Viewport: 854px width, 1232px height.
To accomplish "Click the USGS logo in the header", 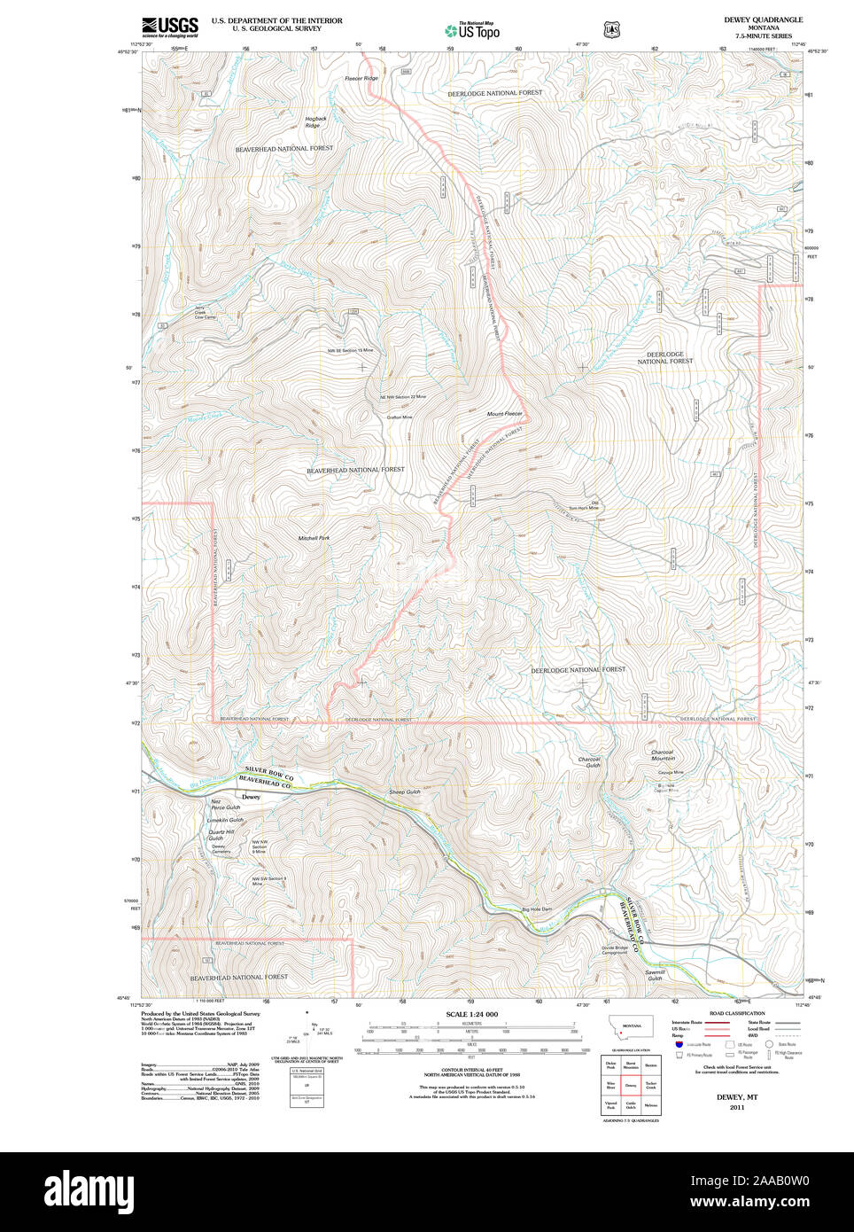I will pos(170,27).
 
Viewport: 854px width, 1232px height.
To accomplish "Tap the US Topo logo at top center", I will pos(473,30).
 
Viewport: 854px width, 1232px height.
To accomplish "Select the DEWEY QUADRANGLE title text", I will pos(763,19).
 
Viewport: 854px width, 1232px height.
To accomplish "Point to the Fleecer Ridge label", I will pos(361,79).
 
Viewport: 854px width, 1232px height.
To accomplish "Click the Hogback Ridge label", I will pos(315,122).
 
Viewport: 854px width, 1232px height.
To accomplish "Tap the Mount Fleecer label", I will pos(504,414).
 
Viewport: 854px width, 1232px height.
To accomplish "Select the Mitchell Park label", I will pos(314,538).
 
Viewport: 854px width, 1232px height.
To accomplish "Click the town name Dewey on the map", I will pos(251,797).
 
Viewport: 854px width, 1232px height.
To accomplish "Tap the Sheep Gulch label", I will pos(404,791).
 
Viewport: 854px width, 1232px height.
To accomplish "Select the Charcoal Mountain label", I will pos(663,755).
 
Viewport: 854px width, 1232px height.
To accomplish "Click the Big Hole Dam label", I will pos(536,909).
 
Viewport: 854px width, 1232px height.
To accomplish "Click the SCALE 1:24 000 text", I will pos(471,1014).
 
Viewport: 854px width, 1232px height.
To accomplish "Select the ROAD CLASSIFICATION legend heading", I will pos(736,1013).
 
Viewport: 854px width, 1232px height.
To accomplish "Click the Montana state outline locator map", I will pos(630,1027).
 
